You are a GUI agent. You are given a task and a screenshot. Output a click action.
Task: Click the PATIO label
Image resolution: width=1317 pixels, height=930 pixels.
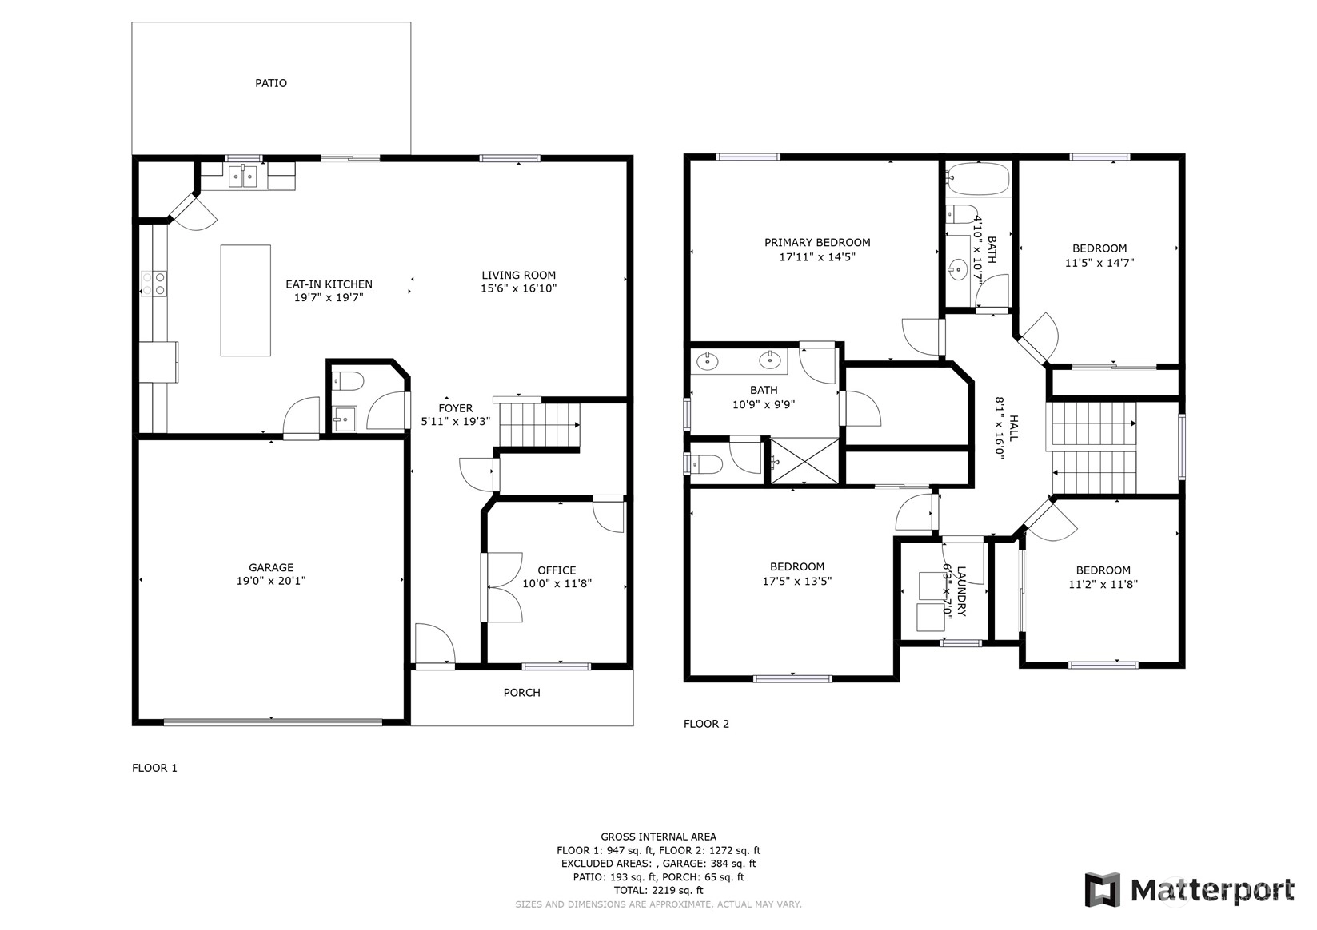[271, 83]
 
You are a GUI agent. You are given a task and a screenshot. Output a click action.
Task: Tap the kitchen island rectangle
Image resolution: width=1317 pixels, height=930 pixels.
[245, 300]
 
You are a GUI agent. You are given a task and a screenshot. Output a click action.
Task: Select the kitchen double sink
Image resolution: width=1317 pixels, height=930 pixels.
[243, 177]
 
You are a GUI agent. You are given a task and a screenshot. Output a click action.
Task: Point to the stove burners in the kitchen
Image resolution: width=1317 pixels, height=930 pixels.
[154, 284]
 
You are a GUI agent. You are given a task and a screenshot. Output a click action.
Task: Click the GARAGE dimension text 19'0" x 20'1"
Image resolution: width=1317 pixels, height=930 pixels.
[271, 581]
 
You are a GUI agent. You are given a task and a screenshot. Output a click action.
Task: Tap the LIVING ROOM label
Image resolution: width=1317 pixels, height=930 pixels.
[519, 275]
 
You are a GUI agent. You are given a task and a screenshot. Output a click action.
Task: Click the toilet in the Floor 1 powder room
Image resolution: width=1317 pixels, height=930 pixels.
[348, 381]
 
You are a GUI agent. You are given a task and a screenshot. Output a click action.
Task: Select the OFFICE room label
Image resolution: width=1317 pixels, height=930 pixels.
[557, 570]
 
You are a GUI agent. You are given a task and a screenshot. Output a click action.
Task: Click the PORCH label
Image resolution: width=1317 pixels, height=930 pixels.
[521, 693]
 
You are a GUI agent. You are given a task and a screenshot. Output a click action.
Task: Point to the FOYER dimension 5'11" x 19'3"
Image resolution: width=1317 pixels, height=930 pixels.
[456, 421]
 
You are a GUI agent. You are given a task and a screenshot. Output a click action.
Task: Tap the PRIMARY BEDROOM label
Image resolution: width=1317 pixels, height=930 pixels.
[817, 243]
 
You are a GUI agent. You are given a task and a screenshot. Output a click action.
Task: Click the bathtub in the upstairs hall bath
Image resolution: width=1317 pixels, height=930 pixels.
[978, 179]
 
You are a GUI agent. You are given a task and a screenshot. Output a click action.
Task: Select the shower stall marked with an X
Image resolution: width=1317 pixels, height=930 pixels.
[804, 461]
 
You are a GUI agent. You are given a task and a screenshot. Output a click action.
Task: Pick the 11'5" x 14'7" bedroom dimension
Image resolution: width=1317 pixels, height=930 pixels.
[1099, 263]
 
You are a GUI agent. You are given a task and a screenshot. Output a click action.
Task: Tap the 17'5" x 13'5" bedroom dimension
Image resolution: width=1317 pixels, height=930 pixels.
[797, 581]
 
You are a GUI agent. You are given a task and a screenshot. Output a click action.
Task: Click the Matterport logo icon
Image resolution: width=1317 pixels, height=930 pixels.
[1103, 890]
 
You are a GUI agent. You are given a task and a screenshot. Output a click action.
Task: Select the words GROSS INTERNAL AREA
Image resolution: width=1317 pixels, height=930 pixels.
[659, 837]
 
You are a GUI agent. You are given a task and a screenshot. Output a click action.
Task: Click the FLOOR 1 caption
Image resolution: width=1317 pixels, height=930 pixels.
[154, 768]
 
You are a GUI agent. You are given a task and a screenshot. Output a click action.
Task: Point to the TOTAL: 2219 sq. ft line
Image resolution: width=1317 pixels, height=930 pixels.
[659, 890]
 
